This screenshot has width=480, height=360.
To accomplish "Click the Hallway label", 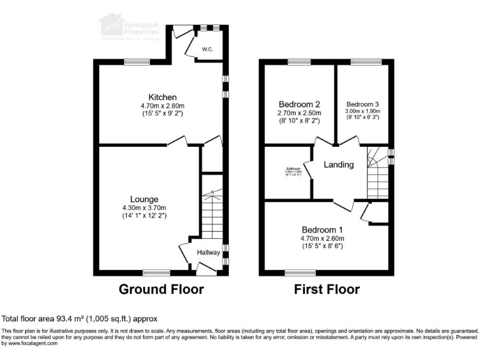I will [209, 252].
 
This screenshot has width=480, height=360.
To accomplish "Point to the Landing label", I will [339, 165].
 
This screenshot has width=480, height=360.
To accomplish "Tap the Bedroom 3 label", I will [363, 104].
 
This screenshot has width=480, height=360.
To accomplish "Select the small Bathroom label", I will [294, 169].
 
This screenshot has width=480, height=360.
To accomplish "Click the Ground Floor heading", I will [162, 289].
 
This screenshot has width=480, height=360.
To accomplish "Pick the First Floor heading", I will [327, 289].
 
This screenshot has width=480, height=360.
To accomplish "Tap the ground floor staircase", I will [212, 212].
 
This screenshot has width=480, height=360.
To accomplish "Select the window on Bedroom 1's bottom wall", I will [300, 272].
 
